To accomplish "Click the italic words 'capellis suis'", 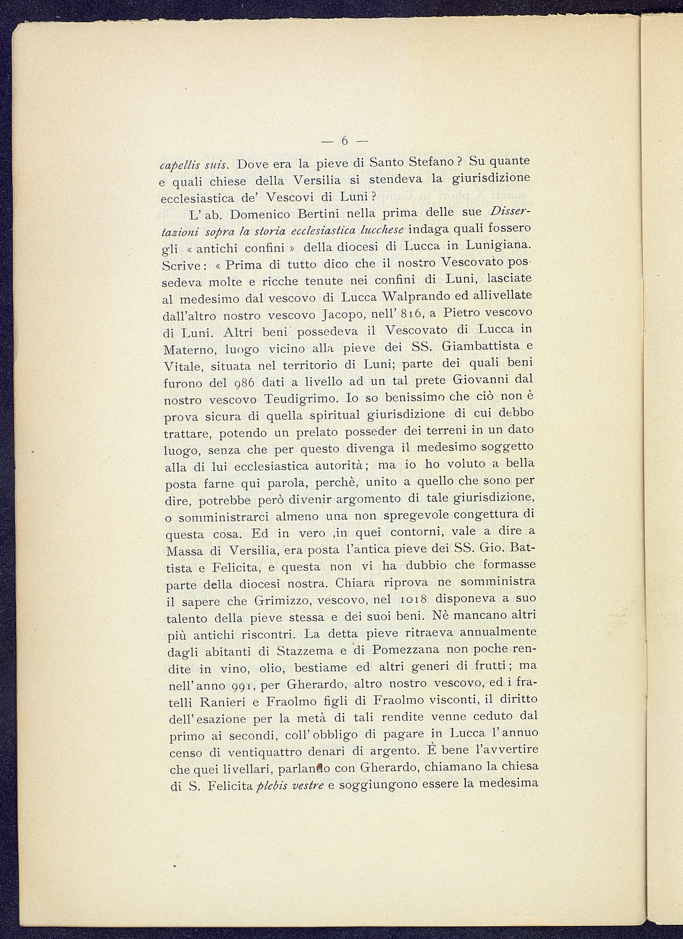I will point(194,165).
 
